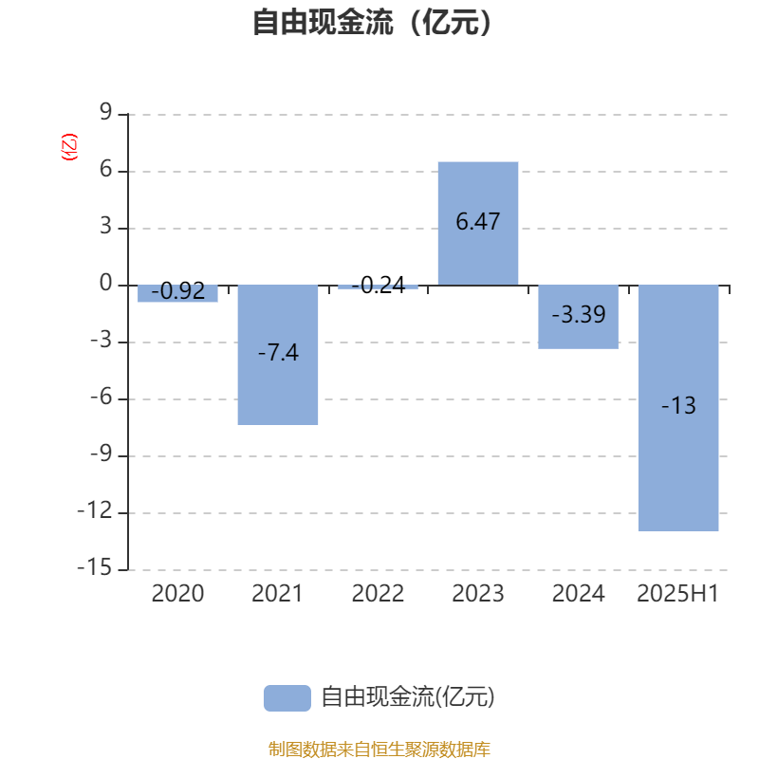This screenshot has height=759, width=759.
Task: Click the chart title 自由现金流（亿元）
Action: (372, 22)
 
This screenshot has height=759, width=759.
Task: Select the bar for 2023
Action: (478, 223)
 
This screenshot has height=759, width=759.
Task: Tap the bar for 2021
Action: (278, 355)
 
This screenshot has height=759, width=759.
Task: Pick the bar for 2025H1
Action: (678, 408)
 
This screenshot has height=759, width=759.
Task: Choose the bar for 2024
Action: (579, 317)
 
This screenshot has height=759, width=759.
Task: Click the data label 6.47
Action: (478, 222)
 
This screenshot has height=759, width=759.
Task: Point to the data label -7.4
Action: (278, 352)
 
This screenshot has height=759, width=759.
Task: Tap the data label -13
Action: (678, 405)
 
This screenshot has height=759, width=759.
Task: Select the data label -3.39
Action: (579, 315)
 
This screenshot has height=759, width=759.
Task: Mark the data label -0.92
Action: (178, 291)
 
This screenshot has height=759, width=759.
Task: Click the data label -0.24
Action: (379, 286)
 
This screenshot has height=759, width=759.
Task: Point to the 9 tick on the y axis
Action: (106, 112)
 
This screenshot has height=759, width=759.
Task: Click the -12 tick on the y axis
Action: (95, 510)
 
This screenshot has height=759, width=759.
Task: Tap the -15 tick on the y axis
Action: (95, 567)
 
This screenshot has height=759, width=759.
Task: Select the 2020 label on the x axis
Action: (177, 594)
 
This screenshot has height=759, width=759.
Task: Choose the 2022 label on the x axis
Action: (378, 594)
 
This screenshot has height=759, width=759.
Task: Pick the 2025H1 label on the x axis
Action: (677, 594)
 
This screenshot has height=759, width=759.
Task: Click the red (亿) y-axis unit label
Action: (69, 147)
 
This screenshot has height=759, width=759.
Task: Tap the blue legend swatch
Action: (287, 698)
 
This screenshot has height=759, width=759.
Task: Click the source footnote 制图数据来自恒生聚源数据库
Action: (379, 749)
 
